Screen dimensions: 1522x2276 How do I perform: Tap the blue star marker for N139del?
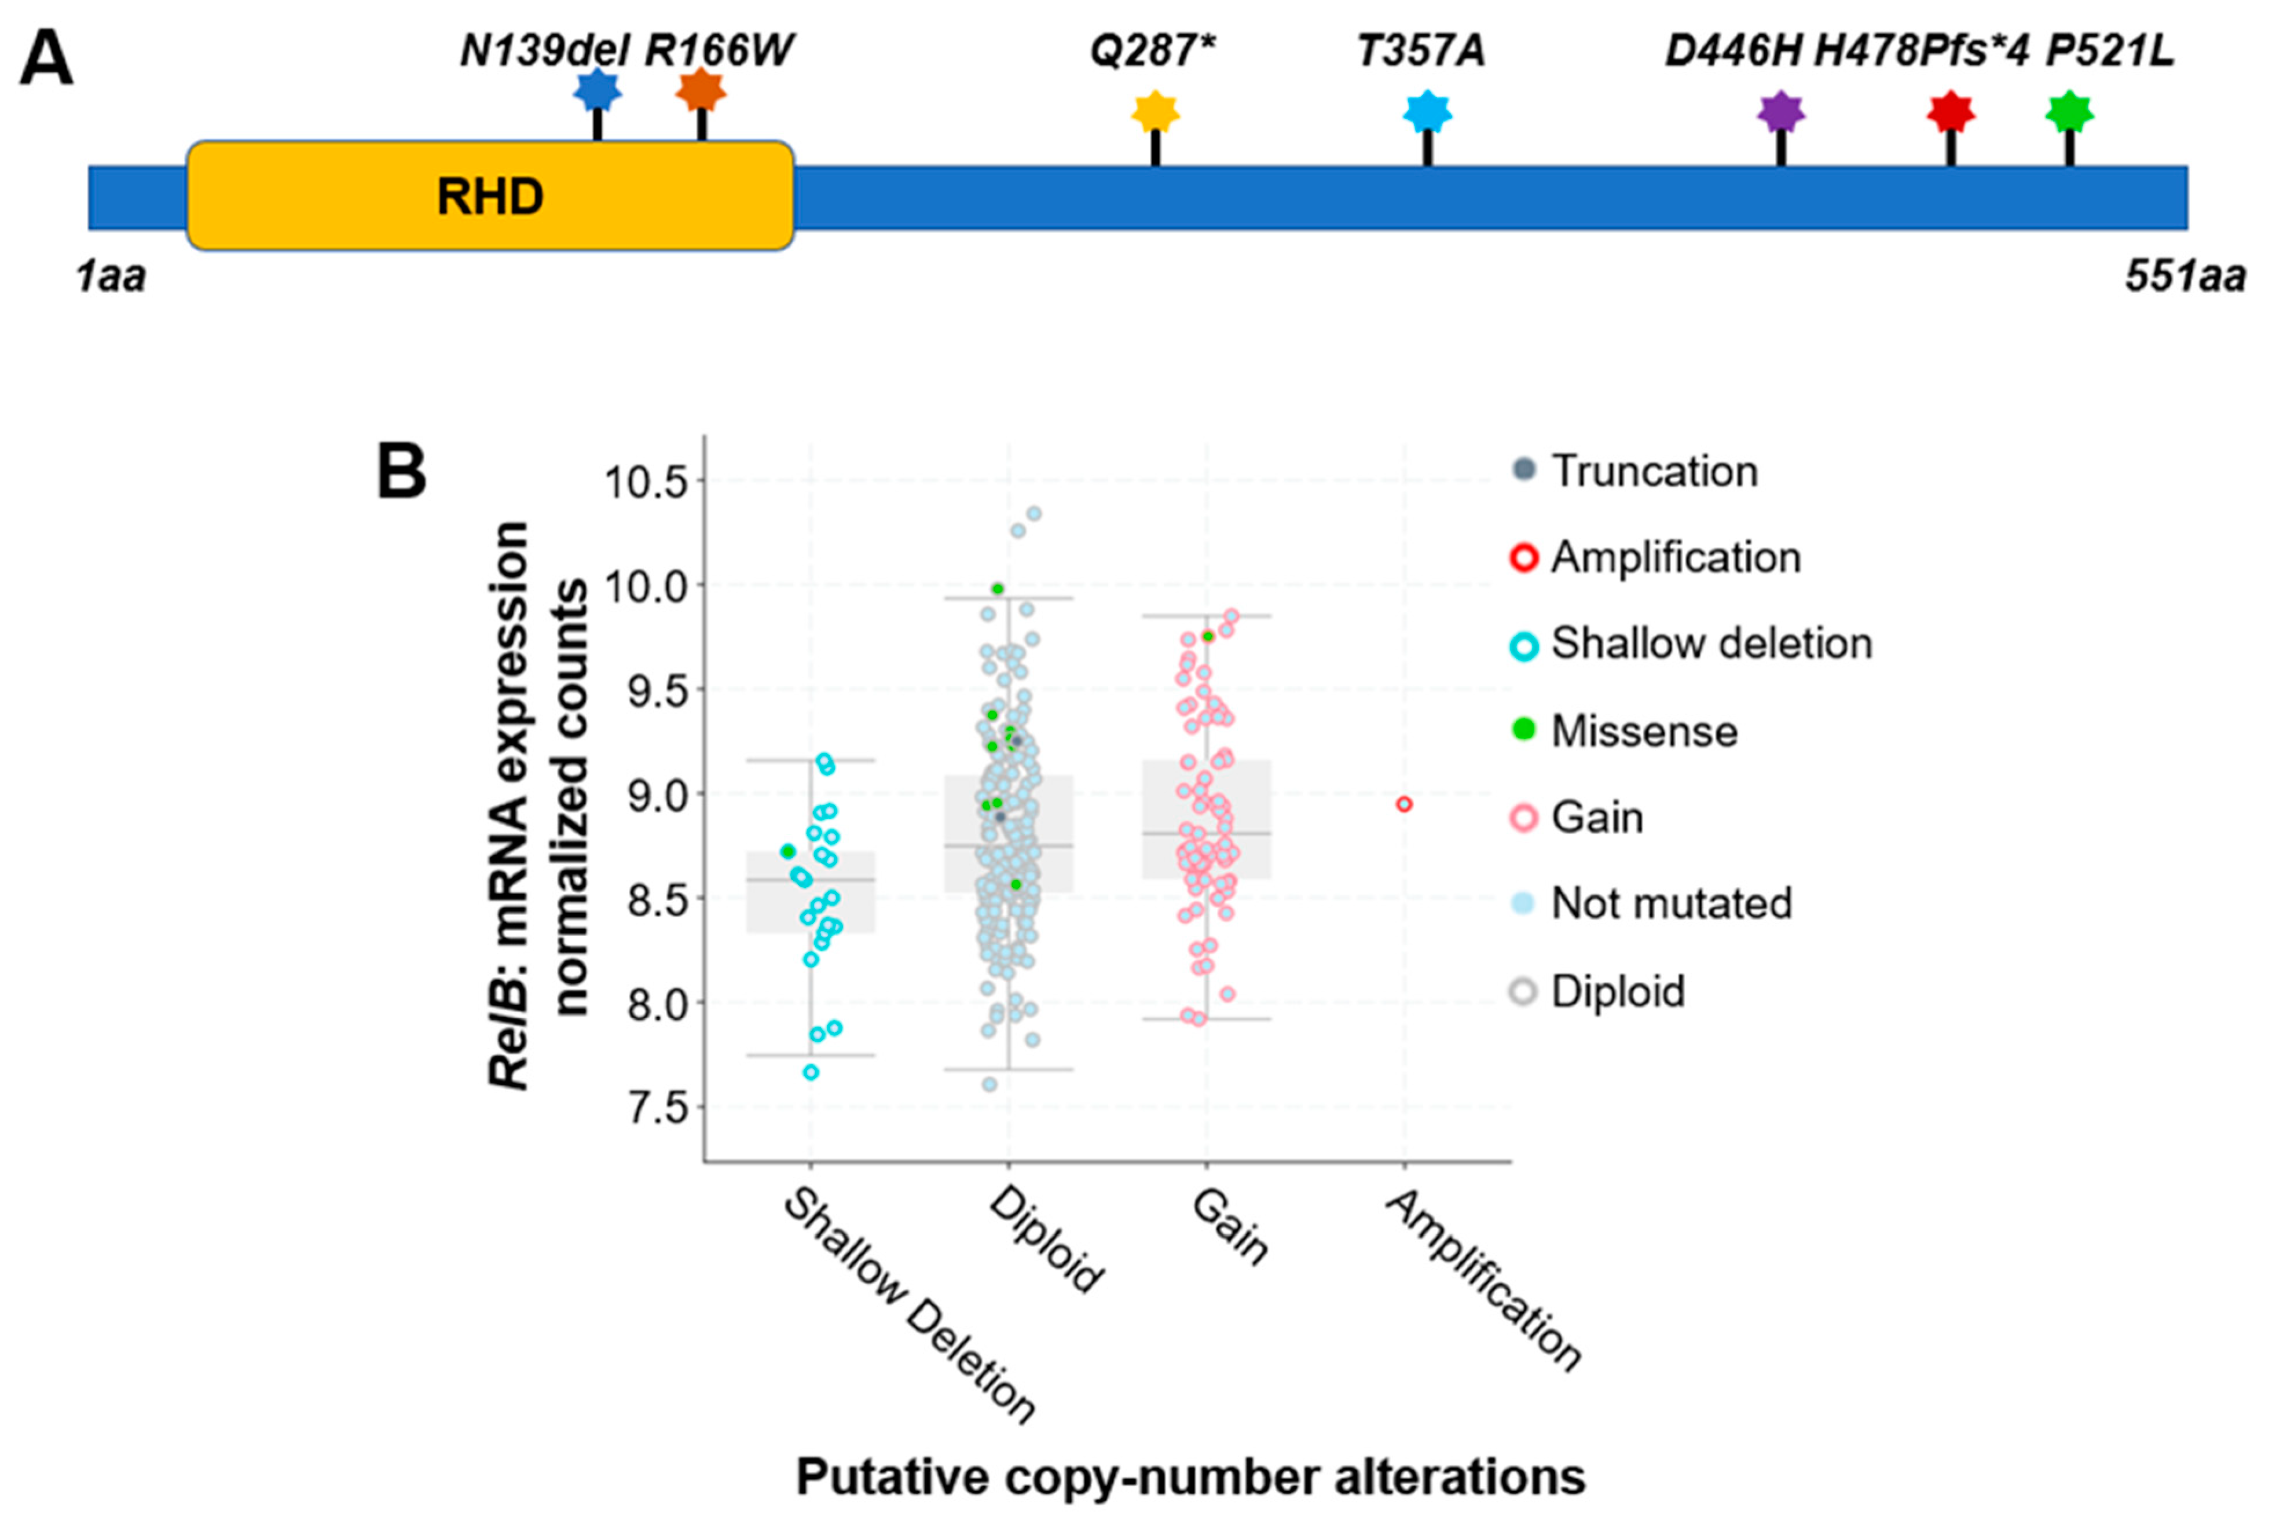597,91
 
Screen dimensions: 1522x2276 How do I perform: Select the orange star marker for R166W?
701,91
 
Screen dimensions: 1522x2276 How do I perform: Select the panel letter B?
401,473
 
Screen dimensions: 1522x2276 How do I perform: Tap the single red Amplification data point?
1404,804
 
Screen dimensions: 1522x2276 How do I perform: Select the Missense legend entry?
1644,731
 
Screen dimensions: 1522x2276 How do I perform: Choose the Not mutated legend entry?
1671,904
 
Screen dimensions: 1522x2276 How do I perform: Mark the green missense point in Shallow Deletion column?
787,851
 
